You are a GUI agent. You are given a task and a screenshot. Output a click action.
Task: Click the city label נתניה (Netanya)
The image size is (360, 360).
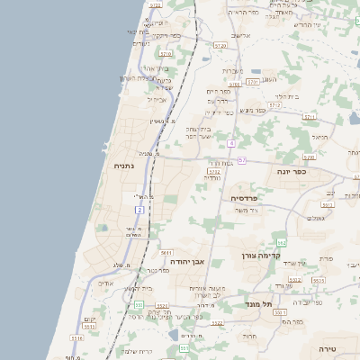coord(123,166)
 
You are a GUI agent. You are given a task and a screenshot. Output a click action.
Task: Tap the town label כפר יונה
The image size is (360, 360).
coord(314,172)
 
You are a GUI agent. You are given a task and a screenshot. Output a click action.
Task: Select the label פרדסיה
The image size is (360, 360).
coord(245,197)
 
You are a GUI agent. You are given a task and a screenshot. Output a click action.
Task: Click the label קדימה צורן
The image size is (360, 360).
coord(262,256)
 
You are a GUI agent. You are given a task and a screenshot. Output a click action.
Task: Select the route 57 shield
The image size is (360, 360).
coord(242,160)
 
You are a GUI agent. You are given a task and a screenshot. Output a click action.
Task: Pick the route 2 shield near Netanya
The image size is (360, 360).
coord(139,210)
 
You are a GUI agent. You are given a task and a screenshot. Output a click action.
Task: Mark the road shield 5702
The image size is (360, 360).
coord(213,171)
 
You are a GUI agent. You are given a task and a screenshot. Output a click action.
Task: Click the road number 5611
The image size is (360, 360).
coord(166,254)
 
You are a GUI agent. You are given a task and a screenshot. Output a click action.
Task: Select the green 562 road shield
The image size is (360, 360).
coord(281,242)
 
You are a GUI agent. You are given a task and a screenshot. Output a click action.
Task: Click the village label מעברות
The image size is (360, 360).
coord(232,70)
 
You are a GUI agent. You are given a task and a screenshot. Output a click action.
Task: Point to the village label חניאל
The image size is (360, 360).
coord(319,137)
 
